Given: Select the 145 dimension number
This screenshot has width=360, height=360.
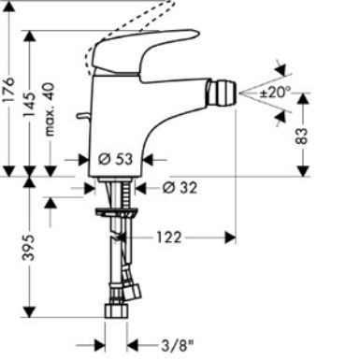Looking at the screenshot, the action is (x=29, y=105).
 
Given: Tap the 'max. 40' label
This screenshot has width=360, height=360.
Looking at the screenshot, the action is (x=50, y=109).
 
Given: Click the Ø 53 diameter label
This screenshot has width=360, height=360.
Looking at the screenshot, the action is (x=115, y=159).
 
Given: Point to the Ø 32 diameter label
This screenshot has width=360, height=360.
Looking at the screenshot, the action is (x=180, y=188).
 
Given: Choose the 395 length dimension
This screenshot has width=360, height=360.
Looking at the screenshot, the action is (x=29, y=248).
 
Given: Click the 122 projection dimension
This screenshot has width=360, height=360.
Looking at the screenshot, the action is (x=168, y=238).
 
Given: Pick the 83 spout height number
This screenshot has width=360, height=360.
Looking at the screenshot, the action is (x=301, y=136).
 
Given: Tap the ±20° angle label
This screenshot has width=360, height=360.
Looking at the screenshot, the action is (x=274, y=93).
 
